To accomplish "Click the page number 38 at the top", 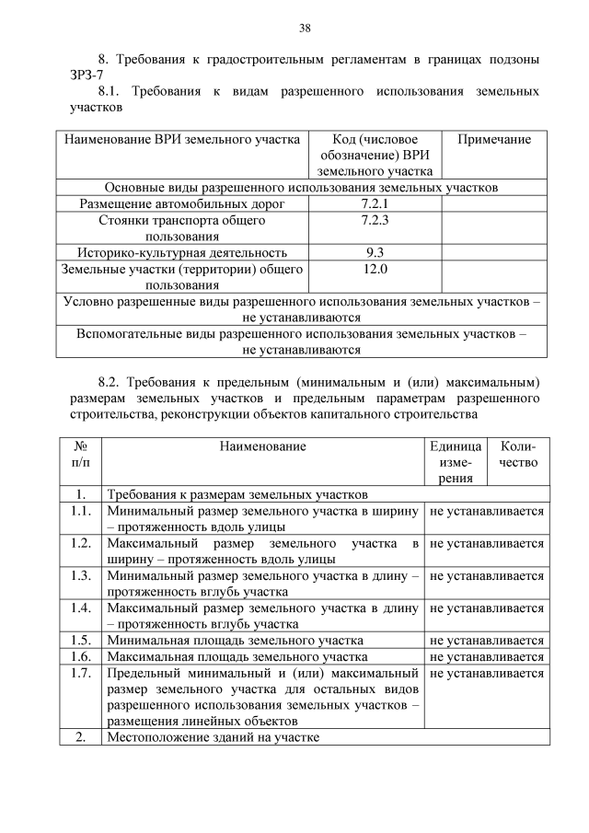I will click(305, 27).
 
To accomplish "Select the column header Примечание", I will click(494, 140).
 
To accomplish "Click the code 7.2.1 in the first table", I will click(375, 203).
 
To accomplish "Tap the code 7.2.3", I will click(375, 221).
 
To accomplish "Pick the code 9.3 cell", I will click(375, 252).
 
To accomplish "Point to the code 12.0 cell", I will click(375, 270).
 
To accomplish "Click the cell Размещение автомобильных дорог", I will click(182, 203).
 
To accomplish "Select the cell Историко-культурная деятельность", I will click(182, 252).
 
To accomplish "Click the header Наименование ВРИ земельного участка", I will click(182, 140).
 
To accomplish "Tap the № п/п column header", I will click(80, 454).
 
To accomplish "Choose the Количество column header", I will click(518, 454).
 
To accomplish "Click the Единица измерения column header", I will click(455, 461).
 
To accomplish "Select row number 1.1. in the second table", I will click(80, 511).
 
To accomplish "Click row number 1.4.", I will click(80, 608).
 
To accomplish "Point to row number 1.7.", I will click(80, 674).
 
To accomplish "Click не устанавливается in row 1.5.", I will click(487, 641).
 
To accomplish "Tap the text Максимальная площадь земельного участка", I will click(237, 657).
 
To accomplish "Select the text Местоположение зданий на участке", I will click(214, 737).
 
